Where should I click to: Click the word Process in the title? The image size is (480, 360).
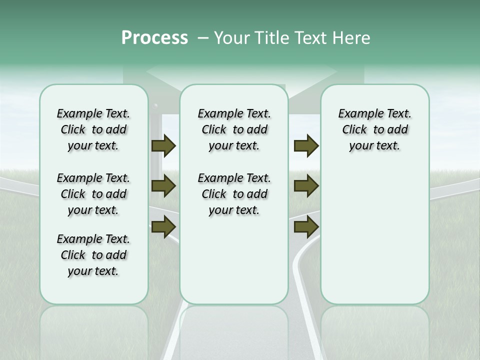click(x=154, y=38)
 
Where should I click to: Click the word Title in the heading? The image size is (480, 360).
click(x=270, y=38)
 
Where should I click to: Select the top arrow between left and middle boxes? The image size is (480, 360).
click(x=163, y=145)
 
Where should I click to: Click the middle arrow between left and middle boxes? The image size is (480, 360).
click(x=163, y=186)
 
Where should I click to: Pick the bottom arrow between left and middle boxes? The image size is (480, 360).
click(x=163, y=226)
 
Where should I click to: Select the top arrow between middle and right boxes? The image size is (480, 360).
click(x=306, y=145)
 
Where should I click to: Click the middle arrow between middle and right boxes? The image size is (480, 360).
click(x=306, y=186)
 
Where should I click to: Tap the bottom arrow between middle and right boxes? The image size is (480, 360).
click(x=306, y=226)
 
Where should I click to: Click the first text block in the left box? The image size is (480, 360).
click(x=93, y=129)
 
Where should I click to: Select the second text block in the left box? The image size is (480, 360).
click(x=93, y=194)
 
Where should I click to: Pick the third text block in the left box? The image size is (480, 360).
click(x=93, y=255)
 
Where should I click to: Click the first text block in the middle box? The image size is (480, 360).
click(x=234, y=129)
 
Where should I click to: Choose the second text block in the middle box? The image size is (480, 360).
click(x=234, y=194)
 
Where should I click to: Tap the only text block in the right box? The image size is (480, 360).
click(x=374, y=129)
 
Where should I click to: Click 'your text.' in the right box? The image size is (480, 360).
click(x=374, y=146)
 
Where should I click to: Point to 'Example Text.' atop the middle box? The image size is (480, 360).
click(x=234, y=113)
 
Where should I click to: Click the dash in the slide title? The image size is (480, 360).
click(x=203, y=38)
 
